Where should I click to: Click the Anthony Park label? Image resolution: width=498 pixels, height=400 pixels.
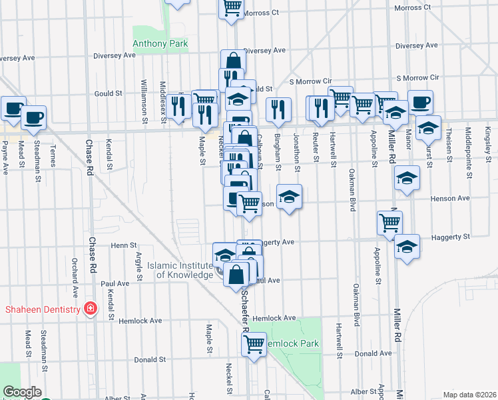point(160,44)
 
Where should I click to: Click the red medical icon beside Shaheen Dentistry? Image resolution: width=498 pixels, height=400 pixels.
point(89,309)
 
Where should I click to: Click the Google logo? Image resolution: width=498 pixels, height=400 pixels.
point(22,392)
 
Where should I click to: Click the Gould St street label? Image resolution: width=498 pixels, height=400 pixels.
point(108,94)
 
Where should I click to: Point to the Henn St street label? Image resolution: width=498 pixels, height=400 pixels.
point(123,245)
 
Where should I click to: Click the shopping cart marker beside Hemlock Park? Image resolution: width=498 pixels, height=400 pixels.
point(254,344)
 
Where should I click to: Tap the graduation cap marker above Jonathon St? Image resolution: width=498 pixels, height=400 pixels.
point(289,197)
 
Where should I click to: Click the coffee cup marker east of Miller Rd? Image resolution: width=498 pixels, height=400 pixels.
point(420,103)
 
